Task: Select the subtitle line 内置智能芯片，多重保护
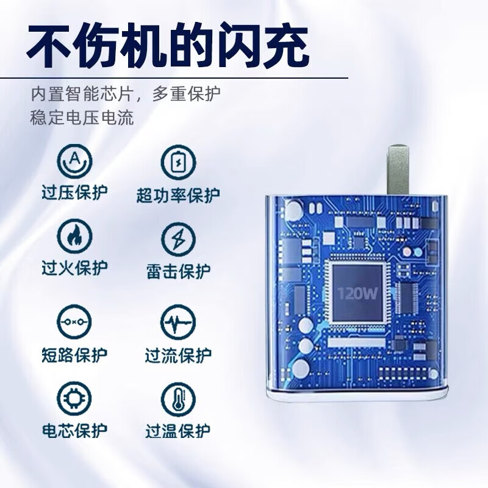point(126,95)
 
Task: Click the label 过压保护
point(75,193)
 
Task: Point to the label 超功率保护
point(178,195)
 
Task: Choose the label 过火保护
point(75,268)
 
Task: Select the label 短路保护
point(74,354)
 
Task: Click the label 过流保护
point(178,354)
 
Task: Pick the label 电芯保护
point(74,431)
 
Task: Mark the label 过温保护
point(178,431)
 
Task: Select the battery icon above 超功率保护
point(178,162)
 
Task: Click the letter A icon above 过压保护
point(74,160)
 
